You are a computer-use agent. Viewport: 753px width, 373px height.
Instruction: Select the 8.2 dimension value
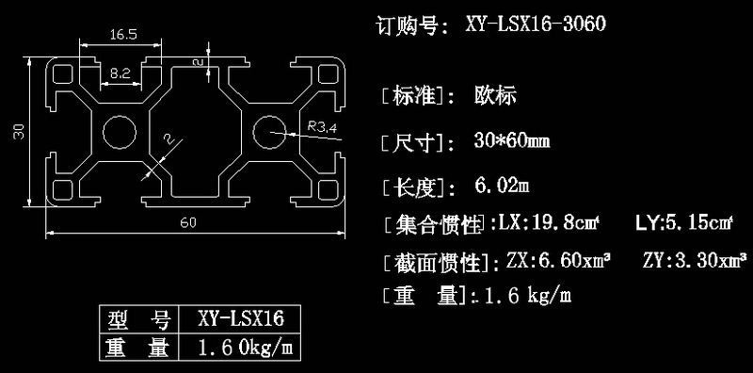point(120,72)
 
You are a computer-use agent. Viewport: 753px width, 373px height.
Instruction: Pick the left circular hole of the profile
point(120,133)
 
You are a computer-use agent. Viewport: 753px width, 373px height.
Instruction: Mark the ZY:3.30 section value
point(695,260)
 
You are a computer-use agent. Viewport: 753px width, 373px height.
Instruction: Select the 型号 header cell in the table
point(137,316)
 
